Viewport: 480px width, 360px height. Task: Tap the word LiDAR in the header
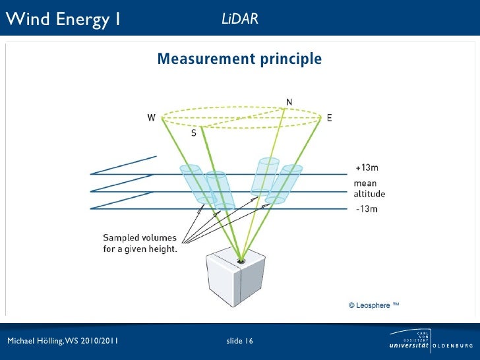(239, 19)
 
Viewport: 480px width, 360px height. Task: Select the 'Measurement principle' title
(239, 60)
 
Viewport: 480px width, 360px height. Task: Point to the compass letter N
(289, 102)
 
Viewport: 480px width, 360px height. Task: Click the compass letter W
(152, 118)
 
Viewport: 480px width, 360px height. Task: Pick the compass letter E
(329, 118)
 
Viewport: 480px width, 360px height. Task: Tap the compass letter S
(194, 133)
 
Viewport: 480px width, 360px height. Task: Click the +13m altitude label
(367, 167)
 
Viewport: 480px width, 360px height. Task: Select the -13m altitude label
(366, 209)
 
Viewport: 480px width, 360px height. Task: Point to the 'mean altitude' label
(369, 189)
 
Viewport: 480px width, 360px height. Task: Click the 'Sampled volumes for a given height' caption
(140, 243)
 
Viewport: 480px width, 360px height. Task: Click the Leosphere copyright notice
(374, 305)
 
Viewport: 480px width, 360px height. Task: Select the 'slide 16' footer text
(239, 341)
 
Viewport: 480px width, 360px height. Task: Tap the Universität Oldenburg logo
(431, 341)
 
